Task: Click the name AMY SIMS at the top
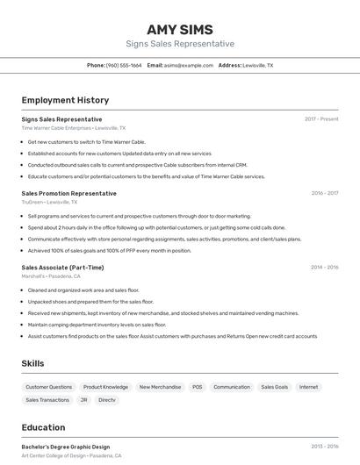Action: point(180,29)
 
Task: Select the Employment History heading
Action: point(65,100)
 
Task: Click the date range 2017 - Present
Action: point(321,119)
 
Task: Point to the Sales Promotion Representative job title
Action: point(68,193)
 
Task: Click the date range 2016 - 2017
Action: point(324,193)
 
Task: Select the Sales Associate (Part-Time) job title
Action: point(62,268)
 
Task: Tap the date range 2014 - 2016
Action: point(324,268)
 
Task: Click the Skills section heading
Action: point(33,363)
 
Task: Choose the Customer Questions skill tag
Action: point(49,387)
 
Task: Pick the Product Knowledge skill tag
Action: point(105,387)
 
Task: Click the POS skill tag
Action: point(197,387)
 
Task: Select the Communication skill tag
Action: point(232,387)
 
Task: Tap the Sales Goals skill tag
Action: point(274,387)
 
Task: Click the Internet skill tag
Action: point(308,387)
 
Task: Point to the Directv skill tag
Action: point(106,400)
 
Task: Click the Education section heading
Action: point(43,428)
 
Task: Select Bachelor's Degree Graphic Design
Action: point(66,447)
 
